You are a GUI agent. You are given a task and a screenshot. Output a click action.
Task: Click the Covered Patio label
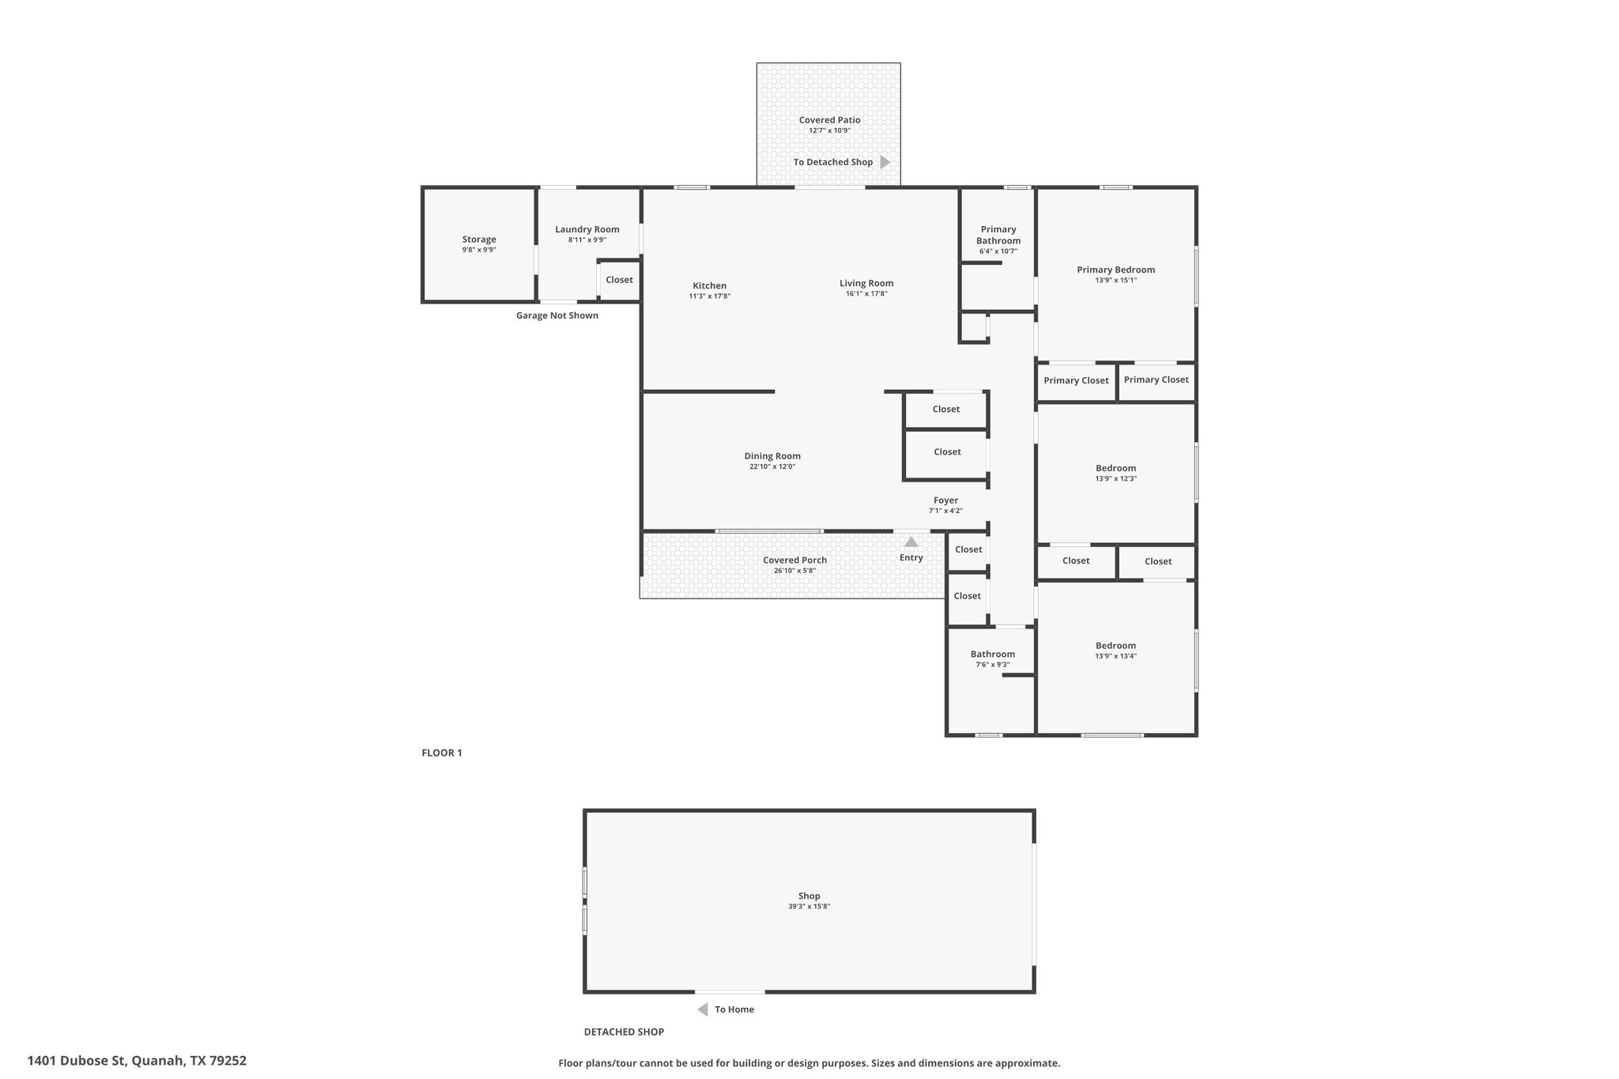tap(829, 120)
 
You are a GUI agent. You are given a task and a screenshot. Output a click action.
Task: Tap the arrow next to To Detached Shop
tap(885, 162)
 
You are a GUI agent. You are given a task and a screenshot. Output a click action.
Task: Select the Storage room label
tap(479, 240)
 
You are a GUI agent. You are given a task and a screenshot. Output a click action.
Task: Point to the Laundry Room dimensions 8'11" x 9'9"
tap(587, 240)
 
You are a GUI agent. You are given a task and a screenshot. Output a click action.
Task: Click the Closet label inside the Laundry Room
tap(619, 280)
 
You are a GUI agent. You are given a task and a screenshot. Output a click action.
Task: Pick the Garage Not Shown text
tap(557, 315)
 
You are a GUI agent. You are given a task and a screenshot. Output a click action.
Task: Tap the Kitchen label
tap(709, 286)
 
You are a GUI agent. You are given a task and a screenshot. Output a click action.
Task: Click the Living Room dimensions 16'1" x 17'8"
tap(866, 294)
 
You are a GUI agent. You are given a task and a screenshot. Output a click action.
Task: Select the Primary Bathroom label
tap(998, 235)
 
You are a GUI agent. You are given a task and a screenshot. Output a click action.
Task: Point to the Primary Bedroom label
tap(1115, 270)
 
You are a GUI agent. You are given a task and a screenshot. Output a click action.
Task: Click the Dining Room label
tap(772, 456)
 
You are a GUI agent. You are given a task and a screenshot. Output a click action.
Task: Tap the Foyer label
tap(945, 500)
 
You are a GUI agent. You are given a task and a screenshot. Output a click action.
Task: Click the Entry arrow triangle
tap(911, 541)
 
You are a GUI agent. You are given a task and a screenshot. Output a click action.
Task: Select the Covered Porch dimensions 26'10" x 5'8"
tap(794, 571)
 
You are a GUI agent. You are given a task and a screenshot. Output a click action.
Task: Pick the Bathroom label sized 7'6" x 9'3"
tap(992, 655)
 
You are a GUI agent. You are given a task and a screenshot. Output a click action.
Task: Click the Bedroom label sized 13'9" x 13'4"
tap(1115, 646)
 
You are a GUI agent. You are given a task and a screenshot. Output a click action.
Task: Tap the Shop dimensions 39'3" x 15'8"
tap(809, 907)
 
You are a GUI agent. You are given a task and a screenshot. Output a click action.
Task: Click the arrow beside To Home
tap(702, 1009)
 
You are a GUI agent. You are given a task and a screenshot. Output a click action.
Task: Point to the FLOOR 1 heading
tap(442, 753)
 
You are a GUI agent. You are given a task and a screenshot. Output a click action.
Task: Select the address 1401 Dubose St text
tap(77, 1061)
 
